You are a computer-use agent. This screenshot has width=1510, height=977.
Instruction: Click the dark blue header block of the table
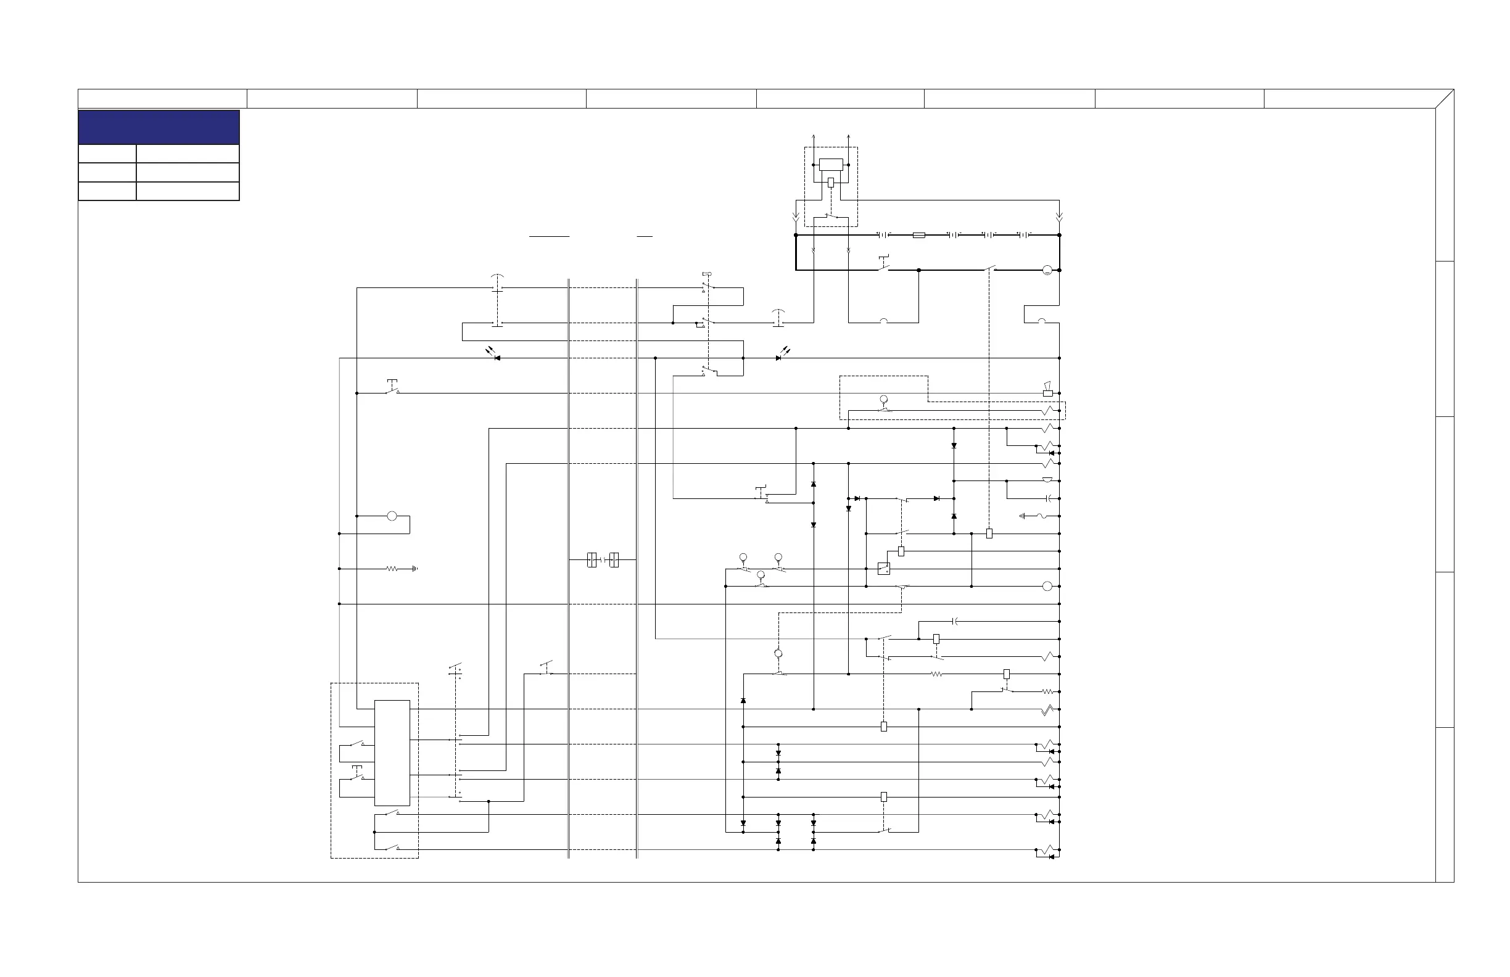[159, 127]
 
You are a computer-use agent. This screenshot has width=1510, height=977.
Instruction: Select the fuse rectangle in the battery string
[918, 236]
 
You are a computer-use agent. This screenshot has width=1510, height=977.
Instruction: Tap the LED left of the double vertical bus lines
[496, 358]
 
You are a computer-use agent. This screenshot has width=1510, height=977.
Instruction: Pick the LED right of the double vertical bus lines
[779, 358]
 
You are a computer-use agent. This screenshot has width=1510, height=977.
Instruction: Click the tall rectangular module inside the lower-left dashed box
[392, 752]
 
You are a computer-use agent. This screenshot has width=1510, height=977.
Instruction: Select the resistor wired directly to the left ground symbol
[392, 569]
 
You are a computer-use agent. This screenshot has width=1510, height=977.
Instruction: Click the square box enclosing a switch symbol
[883, 569]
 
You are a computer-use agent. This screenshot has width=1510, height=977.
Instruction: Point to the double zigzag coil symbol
[1047, 710]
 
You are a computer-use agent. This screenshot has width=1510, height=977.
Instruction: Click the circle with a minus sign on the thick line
[1047, 271]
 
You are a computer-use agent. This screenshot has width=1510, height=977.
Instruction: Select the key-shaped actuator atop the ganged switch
[707, 274]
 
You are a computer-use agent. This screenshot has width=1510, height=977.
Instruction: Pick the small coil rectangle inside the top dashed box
[831, 183]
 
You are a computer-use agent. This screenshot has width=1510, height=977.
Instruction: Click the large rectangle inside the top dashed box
[831, 165]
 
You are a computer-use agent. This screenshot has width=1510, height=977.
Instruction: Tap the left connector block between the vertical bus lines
[592, 560]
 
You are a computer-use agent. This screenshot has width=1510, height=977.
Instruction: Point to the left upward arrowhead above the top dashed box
[814, 136]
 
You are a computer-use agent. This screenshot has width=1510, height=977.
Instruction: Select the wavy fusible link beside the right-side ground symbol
[1042, 516]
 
